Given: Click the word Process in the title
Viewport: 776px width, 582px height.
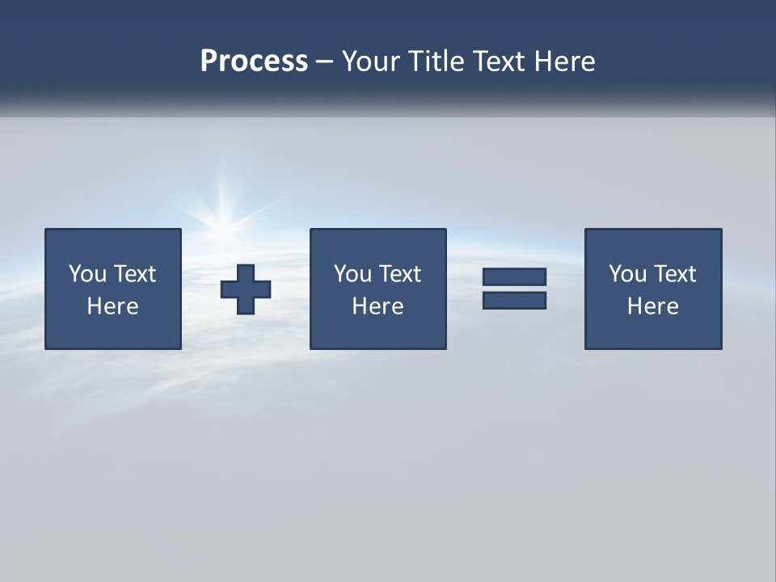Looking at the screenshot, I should click(254, 61).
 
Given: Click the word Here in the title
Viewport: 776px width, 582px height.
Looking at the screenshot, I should click(564, 61).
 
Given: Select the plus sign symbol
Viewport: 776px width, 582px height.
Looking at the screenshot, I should click(246, 289).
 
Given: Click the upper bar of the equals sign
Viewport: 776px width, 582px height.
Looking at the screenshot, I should click(514, 276).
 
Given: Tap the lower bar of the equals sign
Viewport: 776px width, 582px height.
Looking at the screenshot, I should click(514, 300).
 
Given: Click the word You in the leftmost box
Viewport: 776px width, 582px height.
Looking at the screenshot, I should click(87, 274).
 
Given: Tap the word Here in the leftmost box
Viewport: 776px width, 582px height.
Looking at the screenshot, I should click(113, 306).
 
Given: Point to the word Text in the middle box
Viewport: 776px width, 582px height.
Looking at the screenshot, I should click(400, 274).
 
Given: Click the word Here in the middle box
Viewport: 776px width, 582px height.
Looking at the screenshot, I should click(378, 306).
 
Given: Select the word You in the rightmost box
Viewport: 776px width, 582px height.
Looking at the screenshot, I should click(627, 274).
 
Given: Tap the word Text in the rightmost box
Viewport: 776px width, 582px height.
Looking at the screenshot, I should click(675, 274).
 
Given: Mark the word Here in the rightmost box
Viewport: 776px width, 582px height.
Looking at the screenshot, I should click(653, 306).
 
